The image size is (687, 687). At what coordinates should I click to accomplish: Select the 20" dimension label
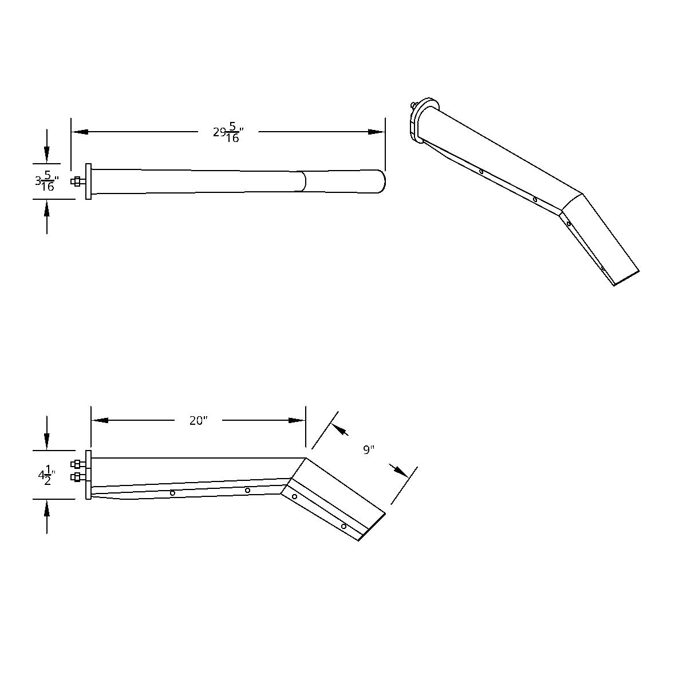[198, 421]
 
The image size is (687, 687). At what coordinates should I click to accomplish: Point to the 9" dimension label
[368, 449]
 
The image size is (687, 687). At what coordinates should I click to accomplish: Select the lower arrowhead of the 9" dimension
[400, 471]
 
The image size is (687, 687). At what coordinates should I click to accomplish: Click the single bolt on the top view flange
[77, 182]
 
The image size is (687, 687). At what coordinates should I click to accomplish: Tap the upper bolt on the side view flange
[77, 464]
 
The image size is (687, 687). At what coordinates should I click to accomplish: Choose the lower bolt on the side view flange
[77, 477]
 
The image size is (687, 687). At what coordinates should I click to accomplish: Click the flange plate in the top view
[88, 181]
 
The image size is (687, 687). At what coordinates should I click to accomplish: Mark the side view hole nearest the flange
[172, 493]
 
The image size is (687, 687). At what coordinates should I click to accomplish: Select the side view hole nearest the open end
[343, 526]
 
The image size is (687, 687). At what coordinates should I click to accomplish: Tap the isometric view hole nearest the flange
[481, 171]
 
